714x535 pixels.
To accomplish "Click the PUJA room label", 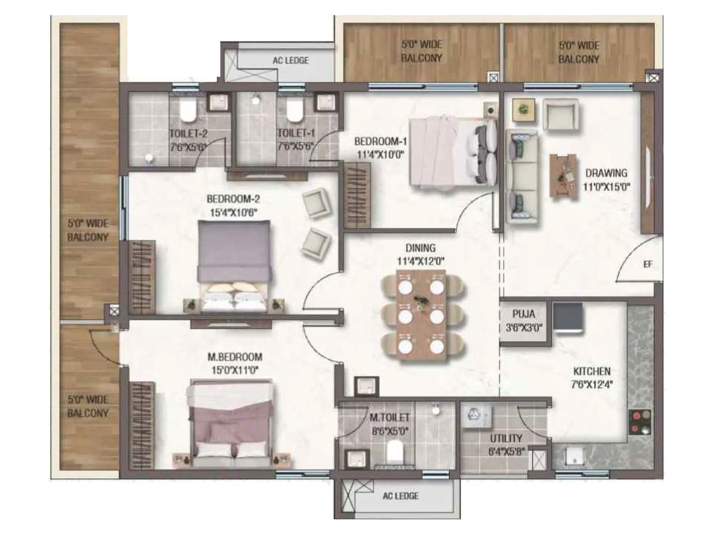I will [x=523, y=314].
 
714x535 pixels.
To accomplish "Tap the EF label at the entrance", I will [x=648, y=264].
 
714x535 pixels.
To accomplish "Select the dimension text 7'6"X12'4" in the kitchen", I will [x=592, y=384].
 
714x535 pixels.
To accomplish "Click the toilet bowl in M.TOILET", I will [x=394, y=452].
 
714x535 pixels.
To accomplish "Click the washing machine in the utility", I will [x=476, y=416].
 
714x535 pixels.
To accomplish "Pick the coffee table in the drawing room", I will [x=563, y=175].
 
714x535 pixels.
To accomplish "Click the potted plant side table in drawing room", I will [x=523, y=109].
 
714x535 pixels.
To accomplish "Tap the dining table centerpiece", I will [x=420, y=303].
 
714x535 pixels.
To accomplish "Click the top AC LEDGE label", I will [x=291, y=60].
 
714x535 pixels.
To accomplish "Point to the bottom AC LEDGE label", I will [x=400, y=496].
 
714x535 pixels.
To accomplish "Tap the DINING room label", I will [x=420, y=248].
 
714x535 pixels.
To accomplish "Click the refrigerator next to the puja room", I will [x=568, y=317].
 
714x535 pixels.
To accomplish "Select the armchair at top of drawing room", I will [x=560, y=114].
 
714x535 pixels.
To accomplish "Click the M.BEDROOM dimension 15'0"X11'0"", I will [x=235, y=370].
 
